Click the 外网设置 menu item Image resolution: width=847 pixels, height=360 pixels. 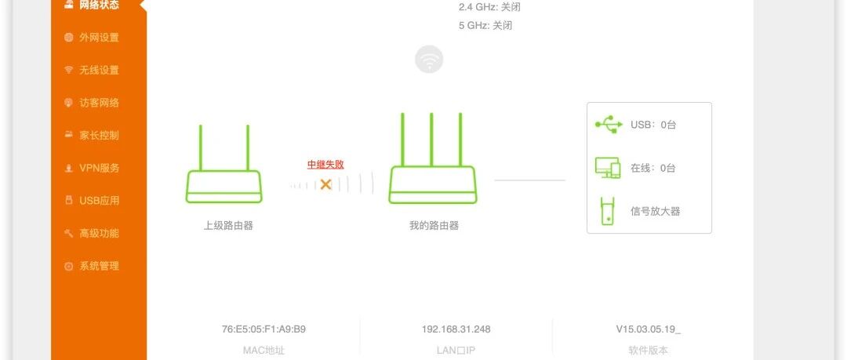98,37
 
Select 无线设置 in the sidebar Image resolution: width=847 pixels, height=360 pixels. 98,70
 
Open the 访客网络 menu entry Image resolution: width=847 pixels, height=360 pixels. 98,103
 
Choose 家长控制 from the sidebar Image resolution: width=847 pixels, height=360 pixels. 98,135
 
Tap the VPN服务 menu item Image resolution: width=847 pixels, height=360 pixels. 98,168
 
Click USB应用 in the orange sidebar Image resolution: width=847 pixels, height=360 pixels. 98,201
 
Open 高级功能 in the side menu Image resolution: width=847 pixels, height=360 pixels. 98,233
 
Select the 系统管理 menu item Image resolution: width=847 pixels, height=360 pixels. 98,266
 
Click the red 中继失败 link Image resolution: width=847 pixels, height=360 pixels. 325,165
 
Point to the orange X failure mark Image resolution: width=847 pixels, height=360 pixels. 325,184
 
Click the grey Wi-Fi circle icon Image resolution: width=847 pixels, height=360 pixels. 429,60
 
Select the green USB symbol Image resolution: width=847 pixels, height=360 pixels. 608,125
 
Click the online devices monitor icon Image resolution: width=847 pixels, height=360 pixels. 608,168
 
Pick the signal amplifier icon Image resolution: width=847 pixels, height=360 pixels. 607,211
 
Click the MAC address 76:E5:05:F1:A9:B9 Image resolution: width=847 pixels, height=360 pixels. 264,329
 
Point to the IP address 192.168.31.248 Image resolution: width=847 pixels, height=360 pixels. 456,329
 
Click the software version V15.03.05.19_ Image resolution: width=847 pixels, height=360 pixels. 648,329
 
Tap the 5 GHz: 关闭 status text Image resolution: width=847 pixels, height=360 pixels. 485,25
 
